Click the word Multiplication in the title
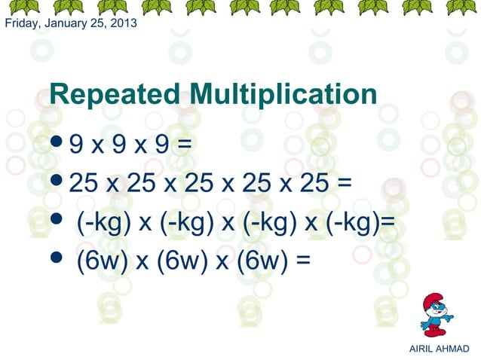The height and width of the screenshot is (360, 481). pyautogui.click(x=283, y=96)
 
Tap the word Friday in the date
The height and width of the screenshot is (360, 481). pyautogui.click(x=21, y=23)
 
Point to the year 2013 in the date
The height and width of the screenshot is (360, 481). pyautogui.click(x=123, y=23)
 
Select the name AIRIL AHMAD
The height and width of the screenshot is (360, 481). pyautogui.click(x=438, y=349)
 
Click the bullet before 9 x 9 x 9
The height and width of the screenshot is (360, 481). pyautogui.click(x=57, y=141)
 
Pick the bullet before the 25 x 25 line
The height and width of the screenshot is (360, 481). pyautogui.click(x=57, y=182)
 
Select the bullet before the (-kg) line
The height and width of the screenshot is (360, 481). pyautogui.click(x=57, y=222)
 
